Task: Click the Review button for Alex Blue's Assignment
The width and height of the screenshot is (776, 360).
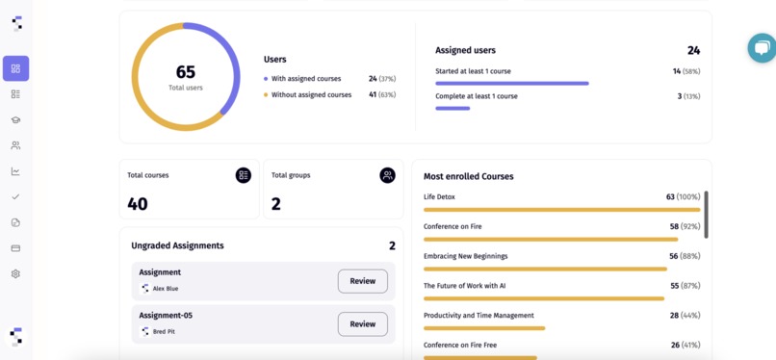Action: (x=362, y=281)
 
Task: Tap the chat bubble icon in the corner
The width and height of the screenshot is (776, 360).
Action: (x=763, y=48)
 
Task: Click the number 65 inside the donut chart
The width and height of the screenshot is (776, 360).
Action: (x=185, y=71)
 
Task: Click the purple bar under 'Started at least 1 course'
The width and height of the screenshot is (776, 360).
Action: (x=511, y=84)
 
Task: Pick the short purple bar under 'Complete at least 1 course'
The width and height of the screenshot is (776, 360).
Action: (x=453, y=109)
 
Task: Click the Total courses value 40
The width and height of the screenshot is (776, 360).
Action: (x=138, y=204)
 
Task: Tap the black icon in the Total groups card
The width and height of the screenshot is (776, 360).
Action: (x=387, y=175)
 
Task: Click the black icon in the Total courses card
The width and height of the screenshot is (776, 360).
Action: (x=243, y=175)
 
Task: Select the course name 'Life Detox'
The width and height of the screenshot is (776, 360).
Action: (x=439, y=197)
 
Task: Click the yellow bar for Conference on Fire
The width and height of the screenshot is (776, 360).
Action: (x=550, y=239)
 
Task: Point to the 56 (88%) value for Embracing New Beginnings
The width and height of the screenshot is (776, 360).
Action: (x=684, y=256)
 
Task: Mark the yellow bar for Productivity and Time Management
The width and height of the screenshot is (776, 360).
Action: (x=484, y=328)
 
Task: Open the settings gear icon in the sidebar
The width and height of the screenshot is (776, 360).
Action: (x=15, y=274)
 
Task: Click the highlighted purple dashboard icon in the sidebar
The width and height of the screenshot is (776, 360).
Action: (x=15, y=68)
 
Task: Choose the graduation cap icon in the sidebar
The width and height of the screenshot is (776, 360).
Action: (x=15, y=120)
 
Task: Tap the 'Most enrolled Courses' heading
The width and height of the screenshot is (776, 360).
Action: (x=468, y=177)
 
